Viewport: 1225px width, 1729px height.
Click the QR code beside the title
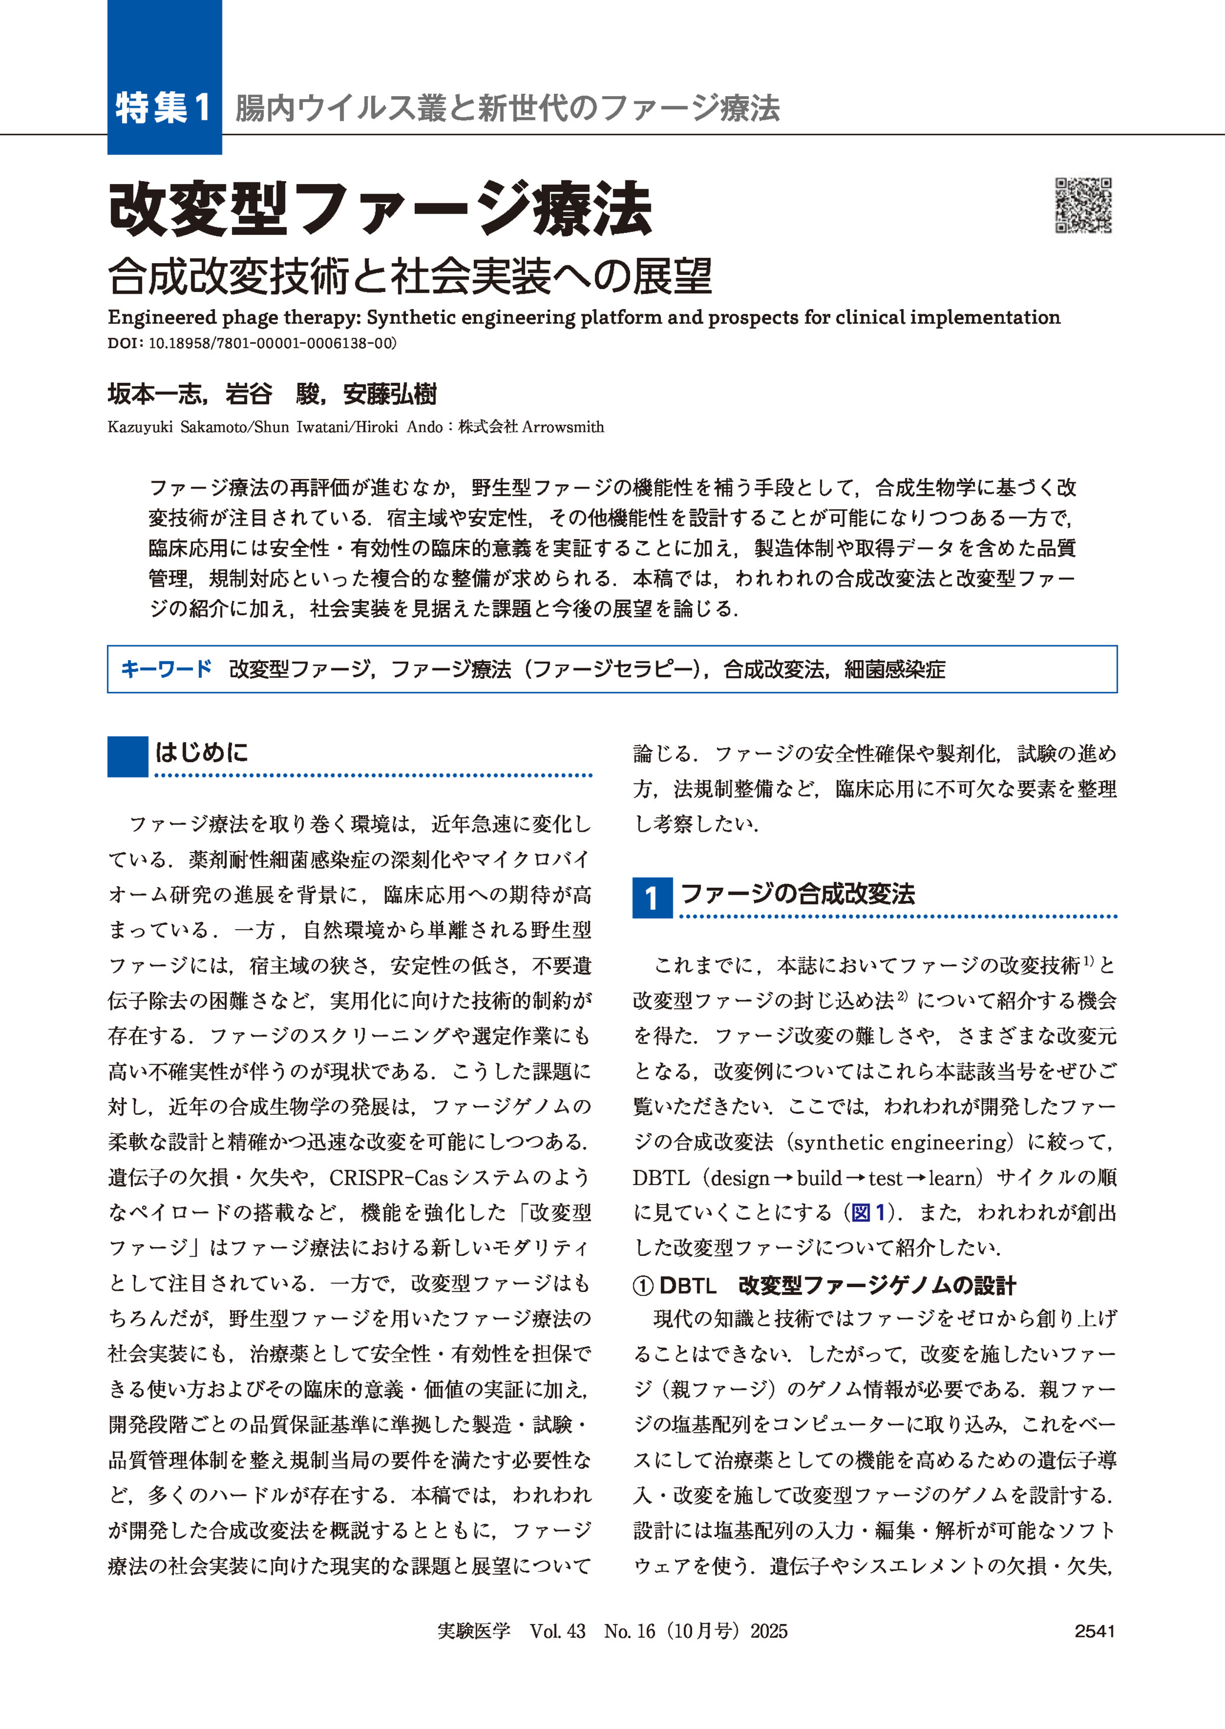click(1083, 205)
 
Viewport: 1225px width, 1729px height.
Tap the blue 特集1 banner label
click(163, 107)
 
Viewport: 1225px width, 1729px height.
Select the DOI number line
click(252, 343)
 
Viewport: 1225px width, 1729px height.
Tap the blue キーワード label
click(167, 669)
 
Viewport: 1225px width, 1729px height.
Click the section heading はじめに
click(201, 752)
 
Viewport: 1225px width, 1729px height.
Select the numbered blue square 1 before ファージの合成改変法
click(651, 897)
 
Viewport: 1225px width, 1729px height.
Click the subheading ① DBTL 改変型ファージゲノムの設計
click(824, 1285)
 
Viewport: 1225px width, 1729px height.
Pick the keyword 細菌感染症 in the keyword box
click(894, 669)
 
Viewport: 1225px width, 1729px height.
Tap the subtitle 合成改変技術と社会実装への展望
click(410, 276)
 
